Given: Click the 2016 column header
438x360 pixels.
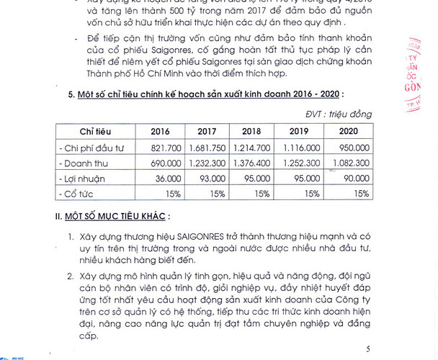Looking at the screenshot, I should click(x=160, y=132).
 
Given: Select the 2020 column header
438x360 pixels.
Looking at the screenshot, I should click(x=349, y=132).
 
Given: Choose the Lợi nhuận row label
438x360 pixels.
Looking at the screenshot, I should click(x=82, y=178).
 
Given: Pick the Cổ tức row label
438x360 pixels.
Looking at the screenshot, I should click(x=79, y=194).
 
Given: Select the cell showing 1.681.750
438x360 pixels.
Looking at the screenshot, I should click(x=207, y=148).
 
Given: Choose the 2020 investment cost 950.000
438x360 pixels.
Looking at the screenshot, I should click(x=355, y=148).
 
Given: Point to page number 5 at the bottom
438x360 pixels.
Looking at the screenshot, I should click(x=368, y=349).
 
